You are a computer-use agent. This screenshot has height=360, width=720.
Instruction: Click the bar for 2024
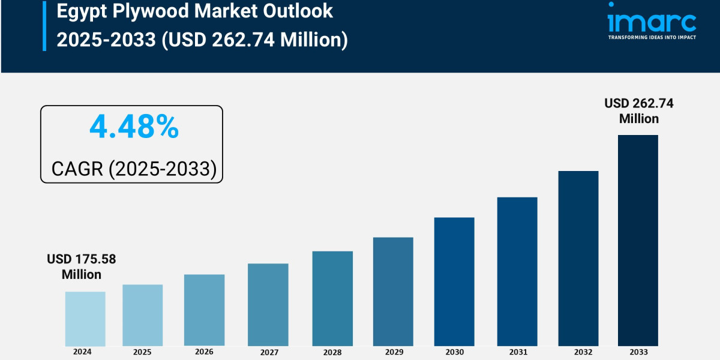click(x=85, y=319)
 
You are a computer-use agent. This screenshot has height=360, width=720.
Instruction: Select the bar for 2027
click(x=268, y=304)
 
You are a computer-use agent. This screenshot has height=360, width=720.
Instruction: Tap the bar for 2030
click(x=454, y=281)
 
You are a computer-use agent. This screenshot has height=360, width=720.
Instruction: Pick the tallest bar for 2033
click(x=638, y=240)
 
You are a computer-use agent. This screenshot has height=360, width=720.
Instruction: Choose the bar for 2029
click(x=393, y=292)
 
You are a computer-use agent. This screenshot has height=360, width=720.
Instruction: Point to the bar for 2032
click(x=578, y=258)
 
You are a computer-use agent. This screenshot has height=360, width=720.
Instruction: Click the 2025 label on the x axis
click(x=142, y=352)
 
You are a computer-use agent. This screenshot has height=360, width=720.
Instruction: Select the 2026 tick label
click(x=204, y=352)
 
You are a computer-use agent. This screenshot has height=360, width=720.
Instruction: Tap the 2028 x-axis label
click(x=332, y=352)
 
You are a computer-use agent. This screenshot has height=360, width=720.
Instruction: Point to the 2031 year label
click(x=517, y=352)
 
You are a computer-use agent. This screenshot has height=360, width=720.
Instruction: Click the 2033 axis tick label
click(x=638, y=352)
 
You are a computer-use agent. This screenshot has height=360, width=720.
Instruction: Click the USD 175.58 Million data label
click(x=82, y=267)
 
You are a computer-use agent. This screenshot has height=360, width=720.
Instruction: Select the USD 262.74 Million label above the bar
click(x=639, y=111)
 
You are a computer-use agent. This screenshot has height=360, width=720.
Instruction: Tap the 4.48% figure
click(x=134, y=127)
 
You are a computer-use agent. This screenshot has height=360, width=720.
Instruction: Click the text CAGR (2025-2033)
click(x=134, y=169)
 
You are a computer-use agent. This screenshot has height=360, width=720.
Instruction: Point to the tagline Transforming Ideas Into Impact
click(x=652, y=37)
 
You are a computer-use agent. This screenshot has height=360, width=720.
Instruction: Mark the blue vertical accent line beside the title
click(x=44, y=25)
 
